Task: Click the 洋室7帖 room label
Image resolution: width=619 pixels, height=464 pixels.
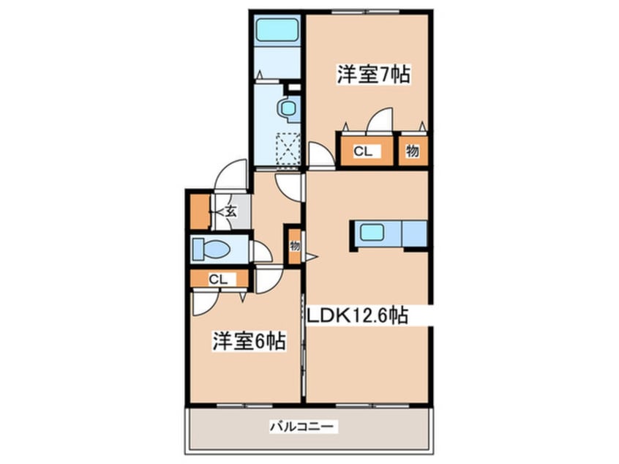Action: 372,74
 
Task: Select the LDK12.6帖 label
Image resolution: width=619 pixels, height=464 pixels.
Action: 356,316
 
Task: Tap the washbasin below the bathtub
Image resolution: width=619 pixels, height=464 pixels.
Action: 285,108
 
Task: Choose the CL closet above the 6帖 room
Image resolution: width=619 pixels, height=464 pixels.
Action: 218,279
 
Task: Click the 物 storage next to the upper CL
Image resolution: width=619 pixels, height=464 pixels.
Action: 412,151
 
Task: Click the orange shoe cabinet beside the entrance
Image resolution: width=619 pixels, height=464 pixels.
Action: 198,210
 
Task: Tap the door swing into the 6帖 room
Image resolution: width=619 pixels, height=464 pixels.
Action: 267,282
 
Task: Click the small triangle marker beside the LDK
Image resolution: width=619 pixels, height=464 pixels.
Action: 311,256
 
